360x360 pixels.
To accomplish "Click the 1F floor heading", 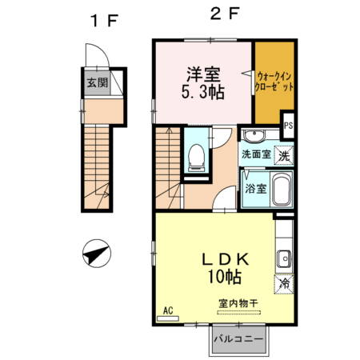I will (104, 21).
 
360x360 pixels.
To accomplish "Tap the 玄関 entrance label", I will (95, 82).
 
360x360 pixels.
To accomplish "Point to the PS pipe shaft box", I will (288, 125).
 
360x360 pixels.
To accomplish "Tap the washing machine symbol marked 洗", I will (282, 156).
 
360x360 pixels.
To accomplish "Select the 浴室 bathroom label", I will (255, 190).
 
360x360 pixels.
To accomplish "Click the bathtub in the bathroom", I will (282, 191).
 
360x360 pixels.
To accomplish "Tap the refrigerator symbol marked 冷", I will (283, 282).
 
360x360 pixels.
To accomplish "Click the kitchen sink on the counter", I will (284, 258).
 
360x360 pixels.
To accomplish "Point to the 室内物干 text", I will (237, 303).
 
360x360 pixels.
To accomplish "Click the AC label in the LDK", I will (169, 310).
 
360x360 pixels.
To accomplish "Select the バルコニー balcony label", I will (242, 339).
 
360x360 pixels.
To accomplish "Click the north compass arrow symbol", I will (95, 255).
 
